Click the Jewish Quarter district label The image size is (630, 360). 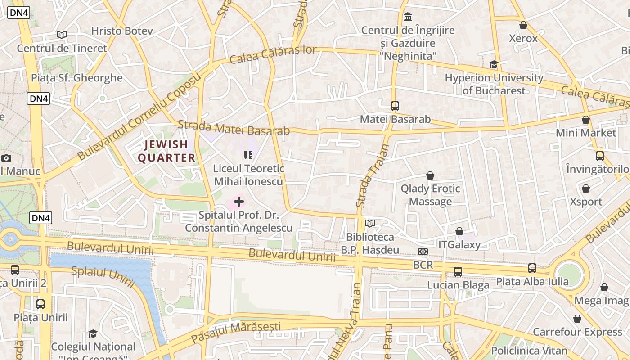[166, 151]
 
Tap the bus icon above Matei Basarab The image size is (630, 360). [395, 106]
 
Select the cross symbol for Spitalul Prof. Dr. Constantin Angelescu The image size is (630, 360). [239, 202]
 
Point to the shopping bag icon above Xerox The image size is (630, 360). [523, 25]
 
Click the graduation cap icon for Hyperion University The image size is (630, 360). [494, 64]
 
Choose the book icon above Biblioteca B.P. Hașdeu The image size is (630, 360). [370, 223]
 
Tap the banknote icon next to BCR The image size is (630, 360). [423, 252]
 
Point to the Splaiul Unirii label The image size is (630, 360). [103, 276]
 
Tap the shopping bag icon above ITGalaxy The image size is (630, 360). [459, 231]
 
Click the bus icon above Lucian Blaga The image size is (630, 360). [458, 272]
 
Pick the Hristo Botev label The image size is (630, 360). [122, 31]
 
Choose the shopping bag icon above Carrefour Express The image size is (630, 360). [577, 319]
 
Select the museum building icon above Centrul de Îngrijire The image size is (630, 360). [408, 17]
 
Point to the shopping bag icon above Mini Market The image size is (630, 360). [585, 120]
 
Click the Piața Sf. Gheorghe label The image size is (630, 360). [77, 78]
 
